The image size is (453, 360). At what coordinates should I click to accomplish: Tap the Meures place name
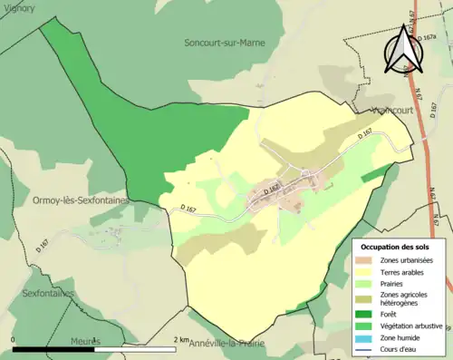(x=85, y=341)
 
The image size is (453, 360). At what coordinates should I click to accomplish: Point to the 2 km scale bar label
(x=181, y=340)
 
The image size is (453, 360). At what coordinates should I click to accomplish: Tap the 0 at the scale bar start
(x=14, y=340)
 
